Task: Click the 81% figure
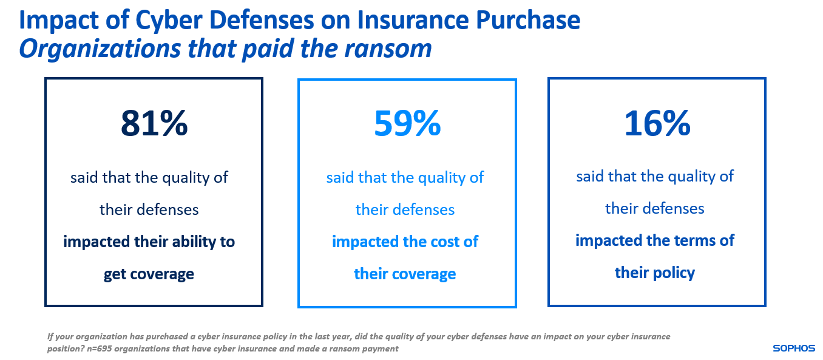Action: [154, 124]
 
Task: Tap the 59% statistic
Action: [407, 124]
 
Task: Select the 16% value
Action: [657, 124]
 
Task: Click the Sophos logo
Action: [794, 348]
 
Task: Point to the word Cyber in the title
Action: [161, 20]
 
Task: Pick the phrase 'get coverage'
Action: [149, 274]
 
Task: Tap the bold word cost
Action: [445, 242]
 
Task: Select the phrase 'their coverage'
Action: [405, 274]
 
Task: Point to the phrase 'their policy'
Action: [655, 273]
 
